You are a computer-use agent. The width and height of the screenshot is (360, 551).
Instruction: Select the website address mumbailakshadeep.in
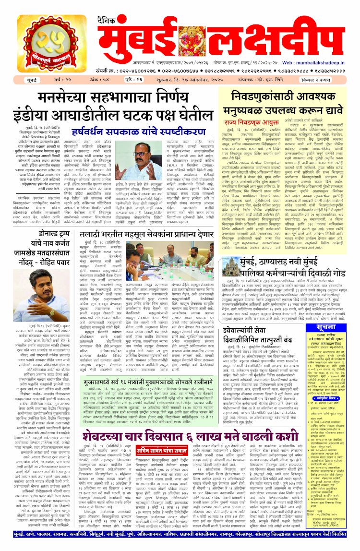tap(327, 62)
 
